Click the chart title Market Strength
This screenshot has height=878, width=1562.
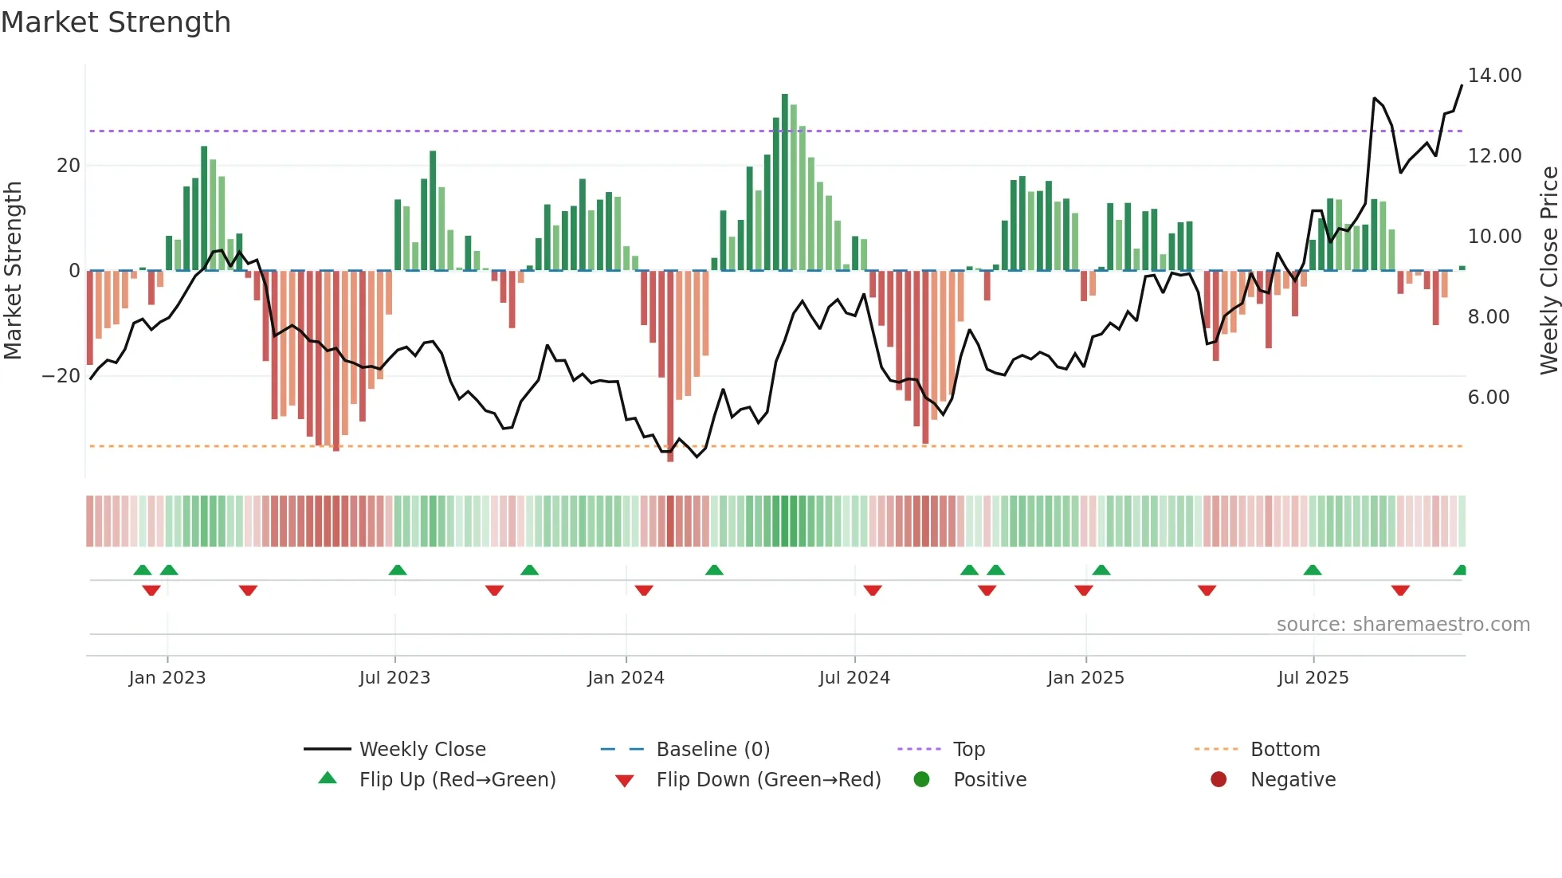[x=116, y=22]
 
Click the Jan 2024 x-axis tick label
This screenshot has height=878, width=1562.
[x=626, y=678]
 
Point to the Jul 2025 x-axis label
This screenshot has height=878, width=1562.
[x=1313, y=678]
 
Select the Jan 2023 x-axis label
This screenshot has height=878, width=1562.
[x=167, y=678]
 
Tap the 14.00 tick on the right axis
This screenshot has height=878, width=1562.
[x=1494, y=76]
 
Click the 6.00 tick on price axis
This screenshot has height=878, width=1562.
[x=1488, y=398]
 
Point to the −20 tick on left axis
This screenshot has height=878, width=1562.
[x=61, y=376]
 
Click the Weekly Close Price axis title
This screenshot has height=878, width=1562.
[x=1548, y=271]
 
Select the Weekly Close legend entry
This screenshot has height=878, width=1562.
[x=422, y=750]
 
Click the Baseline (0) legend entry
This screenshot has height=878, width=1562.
[x=712, y=750]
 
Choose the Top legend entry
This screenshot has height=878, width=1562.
[x=968, y=750]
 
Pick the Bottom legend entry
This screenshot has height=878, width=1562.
[x=1285, y=750]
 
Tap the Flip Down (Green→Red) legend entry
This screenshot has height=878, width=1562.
[x=767, y=780]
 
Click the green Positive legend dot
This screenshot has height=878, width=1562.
[x=921, y=780]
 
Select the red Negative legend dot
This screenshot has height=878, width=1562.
[x=1218, y=780]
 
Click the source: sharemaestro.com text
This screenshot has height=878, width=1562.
[x=1403, y=625]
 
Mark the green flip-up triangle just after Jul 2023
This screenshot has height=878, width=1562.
[x=398, y=570]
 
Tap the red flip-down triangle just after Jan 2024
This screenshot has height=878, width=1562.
[x=644, y=590]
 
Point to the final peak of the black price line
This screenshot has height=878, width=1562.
[x=1462, y=85]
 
